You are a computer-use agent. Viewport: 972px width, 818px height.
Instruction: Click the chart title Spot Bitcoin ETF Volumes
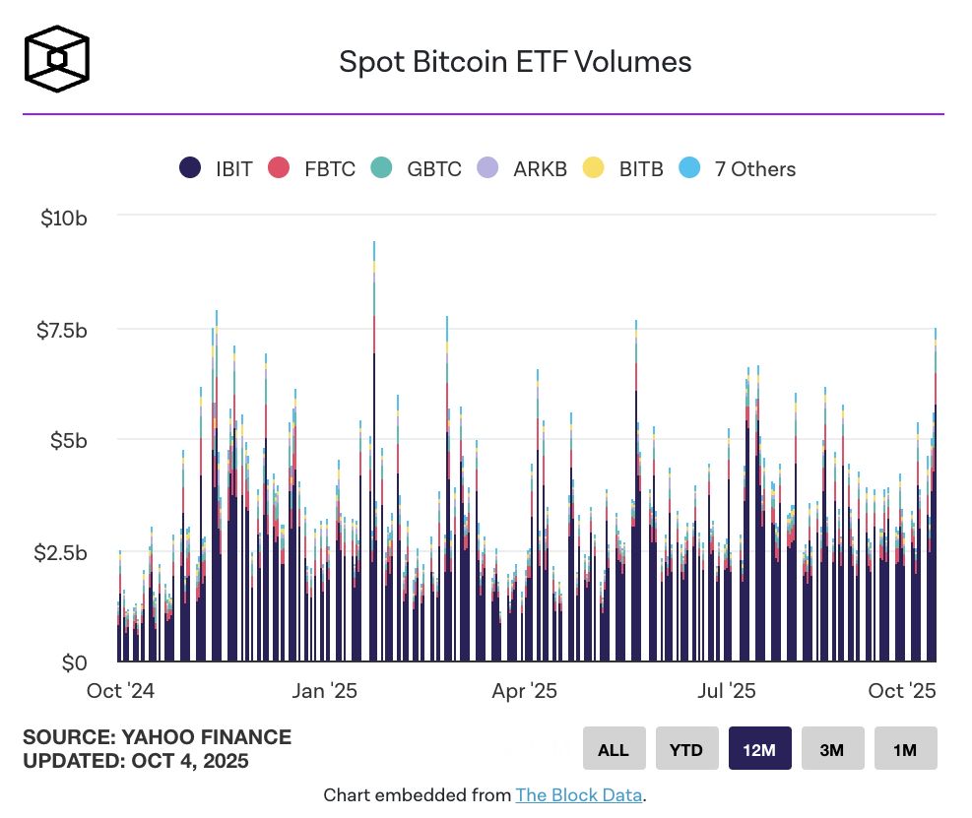click(x=515, y=62)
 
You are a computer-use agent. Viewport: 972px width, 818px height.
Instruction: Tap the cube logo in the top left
click(x=56, y=59)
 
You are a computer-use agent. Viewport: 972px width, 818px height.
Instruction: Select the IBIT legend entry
click(x=217, y=168)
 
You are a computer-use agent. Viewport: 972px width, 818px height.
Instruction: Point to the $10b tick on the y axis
click(x=64, y=218)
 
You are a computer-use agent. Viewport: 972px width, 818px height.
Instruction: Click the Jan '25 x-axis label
click(x=325, y=690)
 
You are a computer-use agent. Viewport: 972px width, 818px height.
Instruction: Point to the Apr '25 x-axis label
click(x=524, y=690)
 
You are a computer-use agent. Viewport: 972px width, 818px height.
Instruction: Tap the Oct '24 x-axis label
click(x=120, y=690)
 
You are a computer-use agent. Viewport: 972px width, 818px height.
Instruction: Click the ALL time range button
click(x=613, y=749)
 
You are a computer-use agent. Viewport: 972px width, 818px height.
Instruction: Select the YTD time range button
click(x=686, y=749)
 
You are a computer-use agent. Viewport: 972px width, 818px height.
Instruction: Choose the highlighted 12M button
click(x=759, y=749)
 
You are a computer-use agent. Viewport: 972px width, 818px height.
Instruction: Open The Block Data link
click(x=579, y=795)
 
